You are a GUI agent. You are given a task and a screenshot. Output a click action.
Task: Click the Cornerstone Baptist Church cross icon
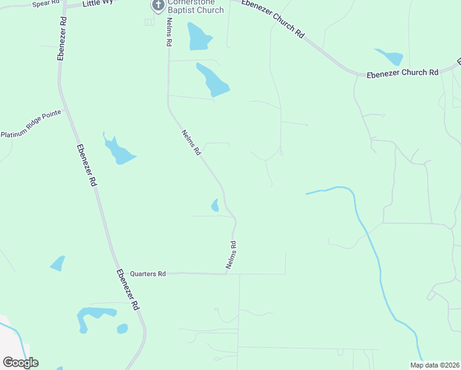(x=158, y=6)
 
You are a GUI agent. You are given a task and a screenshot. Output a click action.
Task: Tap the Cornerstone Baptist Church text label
(x=196, y=6)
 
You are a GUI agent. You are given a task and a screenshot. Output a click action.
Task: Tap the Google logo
(x=21, y=363)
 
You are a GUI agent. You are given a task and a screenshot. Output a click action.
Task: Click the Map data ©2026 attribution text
(x=434, y=364)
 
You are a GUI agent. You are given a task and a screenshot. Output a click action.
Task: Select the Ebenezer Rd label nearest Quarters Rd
(x=128, y=290)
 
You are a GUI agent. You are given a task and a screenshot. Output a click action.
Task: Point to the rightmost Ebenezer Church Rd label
(x=402, y=73)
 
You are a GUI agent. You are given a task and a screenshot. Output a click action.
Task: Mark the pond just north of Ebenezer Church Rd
(x=390, y=57)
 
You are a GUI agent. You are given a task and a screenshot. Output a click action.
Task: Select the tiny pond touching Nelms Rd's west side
(x=215, y=205)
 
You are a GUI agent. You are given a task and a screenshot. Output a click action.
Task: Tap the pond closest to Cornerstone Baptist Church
(x=198, y=37)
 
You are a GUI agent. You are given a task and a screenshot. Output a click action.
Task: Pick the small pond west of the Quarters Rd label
(x=57, y=263)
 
